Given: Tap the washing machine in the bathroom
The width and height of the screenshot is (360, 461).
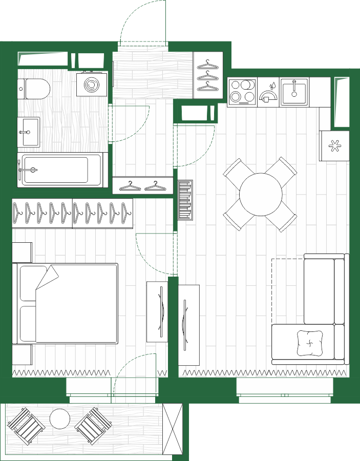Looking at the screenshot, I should point(93,84).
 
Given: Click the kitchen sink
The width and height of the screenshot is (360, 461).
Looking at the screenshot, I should point(294,91).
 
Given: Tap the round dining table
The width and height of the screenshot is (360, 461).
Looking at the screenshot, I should point(261,195).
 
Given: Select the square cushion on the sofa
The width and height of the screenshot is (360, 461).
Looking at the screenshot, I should point(311,343).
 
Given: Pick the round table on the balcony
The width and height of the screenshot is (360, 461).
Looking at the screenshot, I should point(60,420).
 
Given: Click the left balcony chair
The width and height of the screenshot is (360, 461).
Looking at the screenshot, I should point(26,427).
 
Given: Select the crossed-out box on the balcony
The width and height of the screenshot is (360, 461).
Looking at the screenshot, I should point(172,429).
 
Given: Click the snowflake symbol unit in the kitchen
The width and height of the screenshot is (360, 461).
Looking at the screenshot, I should point(334,146).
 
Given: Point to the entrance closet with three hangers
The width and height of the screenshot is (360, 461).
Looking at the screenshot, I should point(208,75).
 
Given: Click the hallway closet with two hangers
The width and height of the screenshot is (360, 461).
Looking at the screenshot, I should point(143,185).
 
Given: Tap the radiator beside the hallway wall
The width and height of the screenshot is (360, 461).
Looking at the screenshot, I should point(185,200).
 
